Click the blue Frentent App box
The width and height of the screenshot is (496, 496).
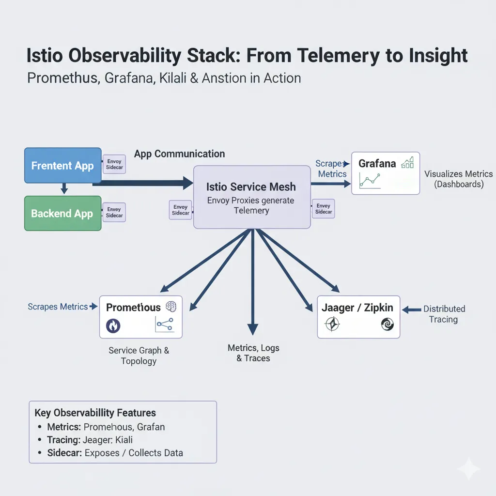tap(62, 166)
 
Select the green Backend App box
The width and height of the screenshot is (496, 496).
tap(62, 213)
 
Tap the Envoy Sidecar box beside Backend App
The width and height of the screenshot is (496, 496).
tap(114, 213)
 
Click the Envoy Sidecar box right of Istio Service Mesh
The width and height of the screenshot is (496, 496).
tap(323, 209)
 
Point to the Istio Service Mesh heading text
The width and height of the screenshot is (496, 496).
tap(251, 187)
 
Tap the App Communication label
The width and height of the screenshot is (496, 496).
tap(179, 154)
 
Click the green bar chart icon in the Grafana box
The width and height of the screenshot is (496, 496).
tap(407, 162)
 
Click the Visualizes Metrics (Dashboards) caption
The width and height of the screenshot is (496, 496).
tap(458, 179)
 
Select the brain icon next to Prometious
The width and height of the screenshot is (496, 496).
tap(171, 306)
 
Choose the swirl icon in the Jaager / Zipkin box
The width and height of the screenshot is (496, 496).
tap(387, 324)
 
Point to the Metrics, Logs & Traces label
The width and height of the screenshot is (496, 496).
tap(253, 353)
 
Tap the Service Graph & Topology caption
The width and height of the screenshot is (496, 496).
tap(139, 356)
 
